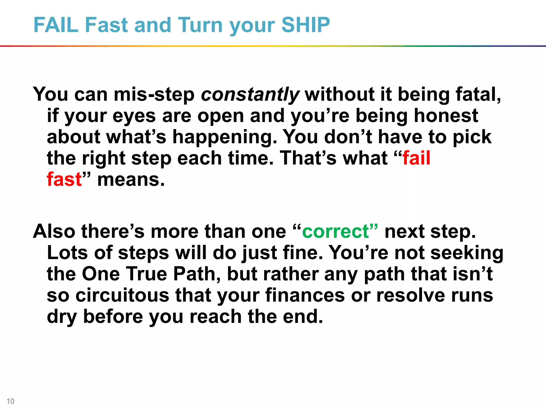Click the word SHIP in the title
pyautogui.click(x=306, y=25)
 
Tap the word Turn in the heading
pyautogui.click(x=200, y=25)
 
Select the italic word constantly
pyautogui.click(x=250, y=95)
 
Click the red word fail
pyautogui.click(x=416, y=158)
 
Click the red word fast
pyautogui.click(x=64, y=179)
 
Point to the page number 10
pyautogui.click(x=10, y=401)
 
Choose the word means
pyautogui.click(x=131, y=179)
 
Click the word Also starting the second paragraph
pyautogui.click(x=54, y=231)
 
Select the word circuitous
pyautogui.click(x=122, y=295)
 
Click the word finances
pyautogui.click(x=305, y=295)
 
